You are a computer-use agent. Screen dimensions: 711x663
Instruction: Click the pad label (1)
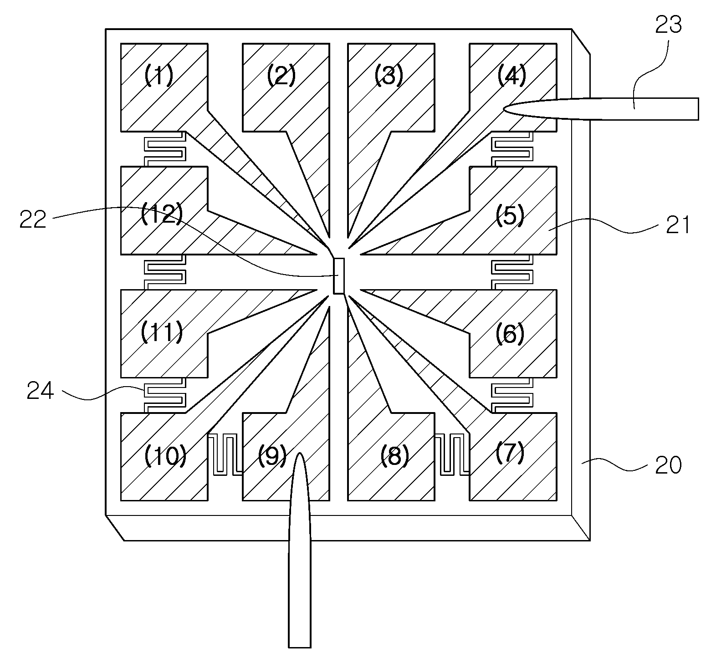pos(159,76)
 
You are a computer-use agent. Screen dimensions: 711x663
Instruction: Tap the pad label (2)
pos(281,76)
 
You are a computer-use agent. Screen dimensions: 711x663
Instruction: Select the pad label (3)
pos(389,76)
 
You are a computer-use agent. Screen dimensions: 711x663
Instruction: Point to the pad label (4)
pos(511,76)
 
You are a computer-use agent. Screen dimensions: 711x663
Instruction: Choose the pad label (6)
pos(510,334)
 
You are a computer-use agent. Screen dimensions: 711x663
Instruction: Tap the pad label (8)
pos(394,455)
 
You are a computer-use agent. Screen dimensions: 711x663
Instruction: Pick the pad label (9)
pos(272,455)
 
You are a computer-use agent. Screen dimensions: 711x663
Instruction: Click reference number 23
pos(668,25)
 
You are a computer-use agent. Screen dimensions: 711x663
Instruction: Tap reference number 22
pos(33,219)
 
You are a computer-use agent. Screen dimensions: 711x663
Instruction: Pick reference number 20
pos(668,465)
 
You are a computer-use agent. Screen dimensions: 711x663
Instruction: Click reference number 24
pos(41,391)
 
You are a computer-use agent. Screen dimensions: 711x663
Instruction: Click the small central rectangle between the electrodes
pos(339,276)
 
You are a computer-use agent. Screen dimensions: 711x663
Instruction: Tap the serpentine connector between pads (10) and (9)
pos(225,455)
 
